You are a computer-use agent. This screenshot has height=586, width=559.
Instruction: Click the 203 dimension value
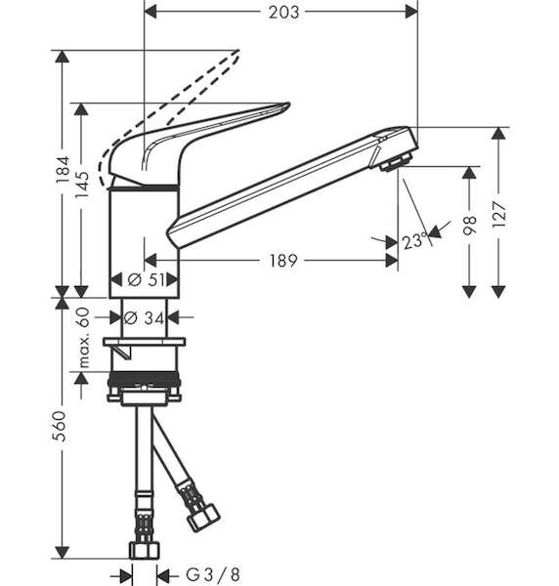pos(283,13)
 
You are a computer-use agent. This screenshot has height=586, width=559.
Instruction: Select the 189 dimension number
pos(283,261)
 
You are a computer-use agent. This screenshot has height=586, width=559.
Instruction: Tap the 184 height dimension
pos(63,170)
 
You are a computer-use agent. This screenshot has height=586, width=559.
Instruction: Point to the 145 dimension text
pos(82,185)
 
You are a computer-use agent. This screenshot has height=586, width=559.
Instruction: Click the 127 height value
pos(498,215)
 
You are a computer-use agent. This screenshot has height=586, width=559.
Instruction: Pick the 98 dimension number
pos(470,225)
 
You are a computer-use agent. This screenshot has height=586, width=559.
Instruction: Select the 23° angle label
pos(414,241)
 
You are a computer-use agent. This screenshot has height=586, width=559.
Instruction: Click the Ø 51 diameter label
pos(146,279)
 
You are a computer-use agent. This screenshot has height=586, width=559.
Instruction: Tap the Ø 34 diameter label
pos(144,318)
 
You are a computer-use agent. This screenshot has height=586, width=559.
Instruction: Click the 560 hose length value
pos(60,427)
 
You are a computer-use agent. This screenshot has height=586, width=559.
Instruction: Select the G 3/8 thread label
pos(213,574)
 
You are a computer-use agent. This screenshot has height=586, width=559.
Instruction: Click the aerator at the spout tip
pos(396,162)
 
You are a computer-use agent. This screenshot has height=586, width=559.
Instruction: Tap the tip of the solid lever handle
pos(288,105)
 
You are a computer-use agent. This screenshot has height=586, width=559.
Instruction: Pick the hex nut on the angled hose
pos(203,518)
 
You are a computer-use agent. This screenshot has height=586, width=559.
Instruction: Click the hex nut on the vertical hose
pos(145,550)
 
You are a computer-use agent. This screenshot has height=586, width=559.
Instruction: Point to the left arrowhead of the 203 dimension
pos(150,12)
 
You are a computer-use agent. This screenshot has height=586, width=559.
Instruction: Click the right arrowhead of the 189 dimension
pos(392,261)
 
